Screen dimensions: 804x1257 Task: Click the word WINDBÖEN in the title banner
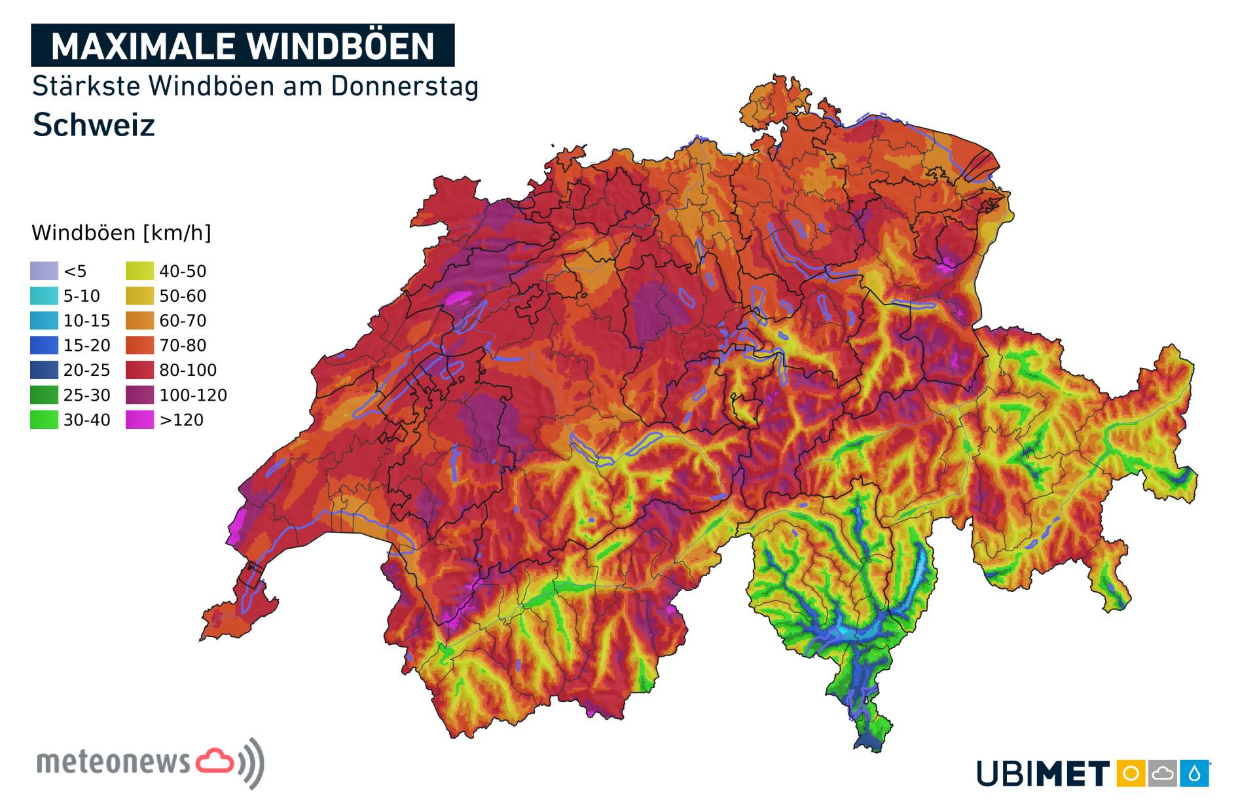tap(340, 46)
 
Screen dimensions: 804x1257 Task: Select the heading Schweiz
tap(94, 125)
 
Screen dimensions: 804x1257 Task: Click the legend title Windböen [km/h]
tap(121, 233)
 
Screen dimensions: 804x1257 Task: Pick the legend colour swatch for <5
tap(44, 271)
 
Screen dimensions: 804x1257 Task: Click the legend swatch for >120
tap(139, 420)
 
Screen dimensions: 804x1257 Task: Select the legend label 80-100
tap(188, 371)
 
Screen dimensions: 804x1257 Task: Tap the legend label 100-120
tap(193, 395)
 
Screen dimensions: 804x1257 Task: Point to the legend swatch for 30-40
tap(44, 420)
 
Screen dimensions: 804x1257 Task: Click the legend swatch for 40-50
tap(139, 271)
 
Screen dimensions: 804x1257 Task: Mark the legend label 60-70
tap(183, 321)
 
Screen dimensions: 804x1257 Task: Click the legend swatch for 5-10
tap(44, 296)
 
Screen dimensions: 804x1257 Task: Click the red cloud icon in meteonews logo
tap(215, 761)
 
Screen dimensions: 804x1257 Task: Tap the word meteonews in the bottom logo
tap(113, 763)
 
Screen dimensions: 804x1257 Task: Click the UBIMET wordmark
tap(1042, 774)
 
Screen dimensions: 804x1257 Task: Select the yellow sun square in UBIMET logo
tap(1130, 774)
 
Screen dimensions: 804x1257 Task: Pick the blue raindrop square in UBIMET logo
tap(1194, 774)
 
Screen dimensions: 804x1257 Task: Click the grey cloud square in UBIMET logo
tap(1162, 774)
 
